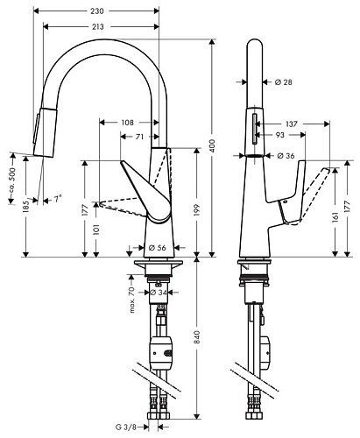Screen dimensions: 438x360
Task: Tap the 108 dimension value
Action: [128, 123]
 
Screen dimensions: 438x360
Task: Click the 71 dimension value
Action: [140, 137]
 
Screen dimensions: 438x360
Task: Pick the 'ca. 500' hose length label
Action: [11, 172]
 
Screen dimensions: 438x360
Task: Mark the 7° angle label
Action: [58, 200]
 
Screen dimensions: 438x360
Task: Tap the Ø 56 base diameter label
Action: [159, 247]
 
